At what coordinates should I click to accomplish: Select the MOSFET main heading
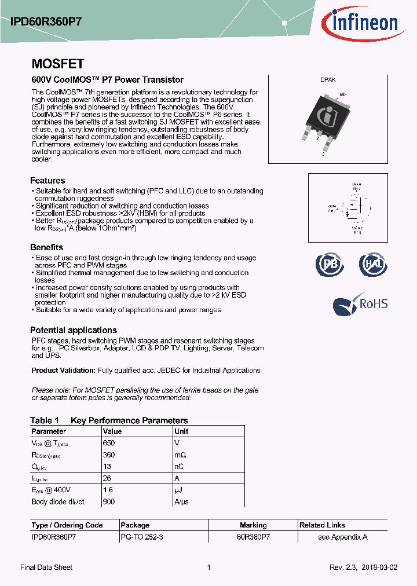[57, 64]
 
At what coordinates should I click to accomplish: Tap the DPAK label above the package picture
[328, 80]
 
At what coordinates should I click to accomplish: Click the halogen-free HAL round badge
[373, 264]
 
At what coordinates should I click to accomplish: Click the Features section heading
[47, 181]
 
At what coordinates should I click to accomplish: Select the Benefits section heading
[46, 247]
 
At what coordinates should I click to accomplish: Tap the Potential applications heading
[74, 330]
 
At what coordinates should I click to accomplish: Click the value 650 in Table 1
[108, 443]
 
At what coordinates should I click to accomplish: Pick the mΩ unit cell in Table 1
[180, 455]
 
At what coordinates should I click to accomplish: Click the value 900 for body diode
[108, 501]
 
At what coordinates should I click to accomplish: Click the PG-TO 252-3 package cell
[142, 537]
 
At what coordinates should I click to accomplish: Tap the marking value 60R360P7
[253, 537]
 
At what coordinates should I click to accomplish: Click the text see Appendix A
[343, 537]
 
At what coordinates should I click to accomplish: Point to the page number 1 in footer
[209, 567]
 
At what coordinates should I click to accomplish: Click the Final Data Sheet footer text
[46, 567]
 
